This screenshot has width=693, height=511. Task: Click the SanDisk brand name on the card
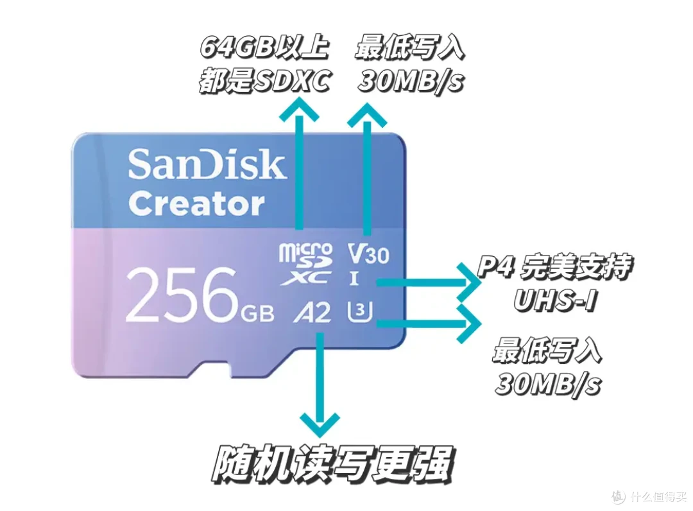[x=207, y=164]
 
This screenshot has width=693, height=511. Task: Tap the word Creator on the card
[x=196, y=204]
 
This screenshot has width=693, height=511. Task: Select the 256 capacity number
[x=182, y=295]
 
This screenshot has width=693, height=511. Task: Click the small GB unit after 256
[x=257, y=313]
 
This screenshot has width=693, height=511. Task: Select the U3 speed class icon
[x=359, y=311]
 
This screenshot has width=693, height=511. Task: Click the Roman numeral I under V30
[x=354, y=279]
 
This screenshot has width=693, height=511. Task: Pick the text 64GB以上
[x=264, y=46]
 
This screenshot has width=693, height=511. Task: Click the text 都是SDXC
[x=264, y=81]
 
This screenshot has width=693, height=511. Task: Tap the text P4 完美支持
[x=554, y=268]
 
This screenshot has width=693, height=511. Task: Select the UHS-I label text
[x=555, y=300]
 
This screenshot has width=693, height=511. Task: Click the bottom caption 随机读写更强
[x=332, y=465]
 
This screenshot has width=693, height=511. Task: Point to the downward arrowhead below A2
[x=320, y=424]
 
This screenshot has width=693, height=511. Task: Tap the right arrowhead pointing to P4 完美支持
[x=468, y=282]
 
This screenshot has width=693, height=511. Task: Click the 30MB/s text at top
[x=411, y=82]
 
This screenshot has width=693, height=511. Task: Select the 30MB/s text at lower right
[x=547, y=384]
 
